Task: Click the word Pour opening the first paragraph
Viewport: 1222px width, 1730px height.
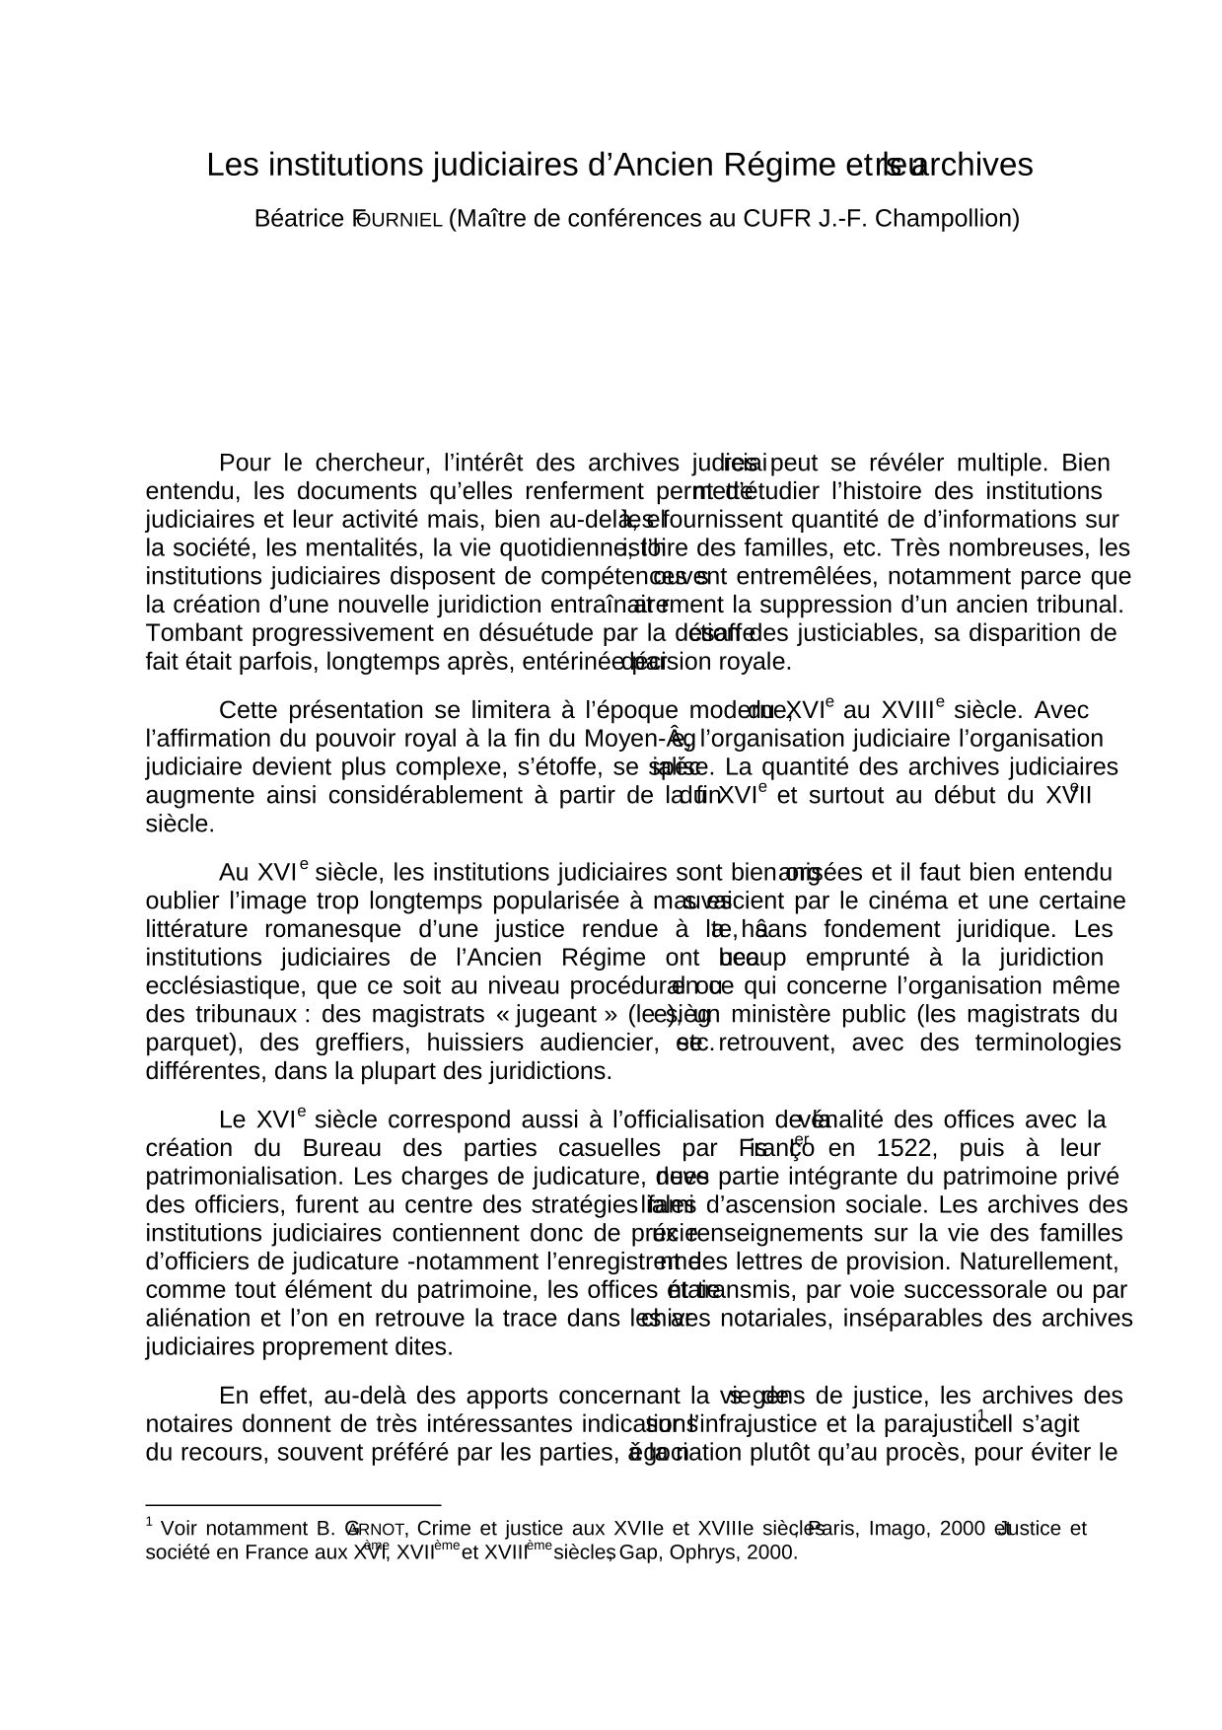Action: click(245, 464)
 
